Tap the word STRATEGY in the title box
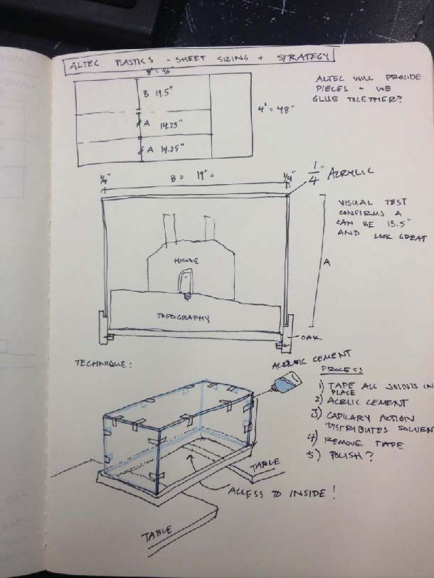[304, 55]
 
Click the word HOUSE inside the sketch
[186, 261]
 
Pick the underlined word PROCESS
[342, 370]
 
